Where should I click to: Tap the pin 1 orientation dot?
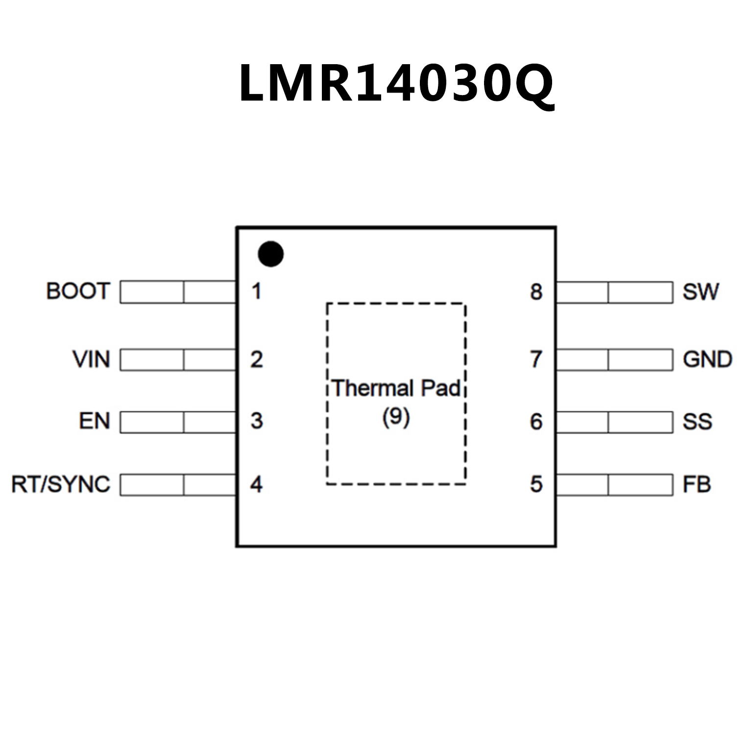point(270,254)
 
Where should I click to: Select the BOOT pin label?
point(78,291)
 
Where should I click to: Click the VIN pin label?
point(91,359)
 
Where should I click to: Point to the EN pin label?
point(94,421)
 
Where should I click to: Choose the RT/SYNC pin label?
point(61,485)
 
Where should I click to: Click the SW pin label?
point(701,292)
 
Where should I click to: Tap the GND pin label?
point(707,360)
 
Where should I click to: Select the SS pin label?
point(697,422)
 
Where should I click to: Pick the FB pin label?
point(697,485)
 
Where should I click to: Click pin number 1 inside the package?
point(256,291)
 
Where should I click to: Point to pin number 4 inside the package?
point(256,485)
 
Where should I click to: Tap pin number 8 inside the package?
point(536,292)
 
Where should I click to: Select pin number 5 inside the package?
point(536,485)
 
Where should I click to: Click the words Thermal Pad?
point(396,388)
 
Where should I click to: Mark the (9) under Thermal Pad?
point(396,417)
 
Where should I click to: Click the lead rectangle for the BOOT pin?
point(178,292)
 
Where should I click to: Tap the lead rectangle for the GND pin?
point(615,360)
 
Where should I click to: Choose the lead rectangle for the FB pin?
point(615,485)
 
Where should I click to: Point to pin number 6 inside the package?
point(536,422)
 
